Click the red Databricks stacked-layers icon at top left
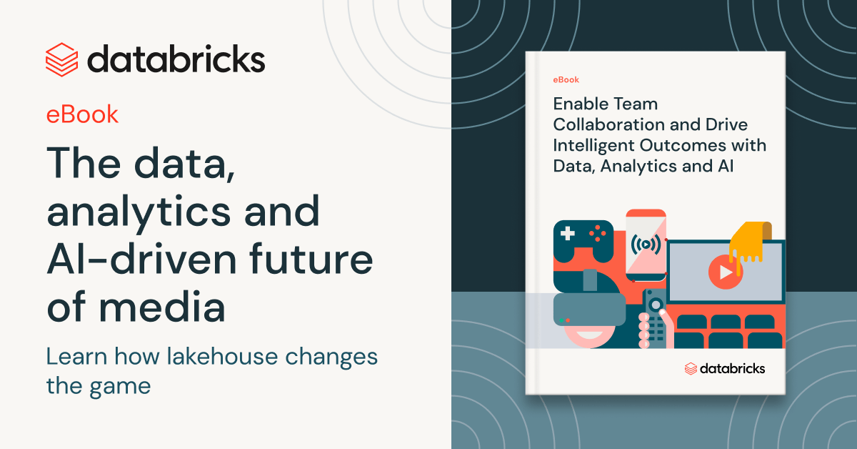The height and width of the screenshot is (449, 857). (62, 60)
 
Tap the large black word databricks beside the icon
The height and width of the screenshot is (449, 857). (176, 59)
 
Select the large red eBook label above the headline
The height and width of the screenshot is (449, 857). (82, 114)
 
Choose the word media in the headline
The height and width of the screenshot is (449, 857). (162, 306)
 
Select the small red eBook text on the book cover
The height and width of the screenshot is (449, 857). (566, 79)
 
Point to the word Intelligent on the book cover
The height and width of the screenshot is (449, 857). (593, 146)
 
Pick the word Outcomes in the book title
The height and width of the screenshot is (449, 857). (683, 145)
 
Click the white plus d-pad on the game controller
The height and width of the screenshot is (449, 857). (567, 233)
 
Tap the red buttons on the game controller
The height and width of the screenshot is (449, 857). (597, 233)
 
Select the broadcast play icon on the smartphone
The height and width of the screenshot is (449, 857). (646, 245)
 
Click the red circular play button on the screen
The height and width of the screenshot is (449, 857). (725, 272)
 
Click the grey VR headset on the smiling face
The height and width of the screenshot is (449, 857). (589, 309)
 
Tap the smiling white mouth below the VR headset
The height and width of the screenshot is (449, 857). (589, 335)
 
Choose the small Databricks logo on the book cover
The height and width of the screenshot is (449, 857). (725, 368)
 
